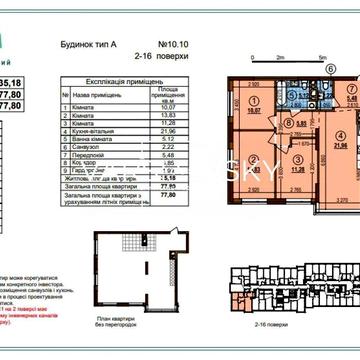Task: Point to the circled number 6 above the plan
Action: coord(331,71)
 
